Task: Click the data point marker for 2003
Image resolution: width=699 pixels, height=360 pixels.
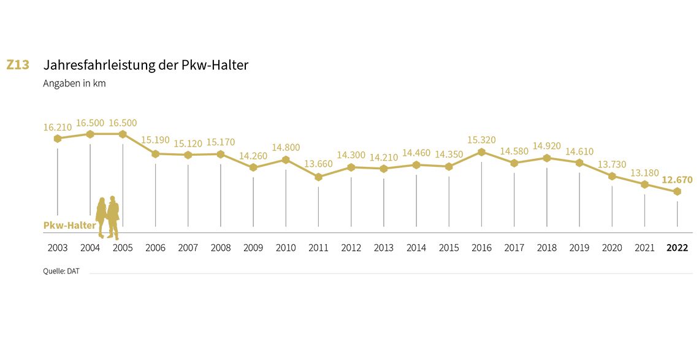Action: pyautogui.click(x=58, y=139)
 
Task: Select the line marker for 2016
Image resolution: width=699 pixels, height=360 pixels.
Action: pyautogui.click(x=481, y=152)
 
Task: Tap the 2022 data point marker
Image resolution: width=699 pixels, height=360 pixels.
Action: pyautogui.click(x=677, y=191)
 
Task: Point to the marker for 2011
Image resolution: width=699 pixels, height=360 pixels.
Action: pyautogui.click(x=318, y=177)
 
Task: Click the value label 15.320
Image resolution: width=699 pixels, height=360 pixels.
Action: pyautogui.click(x=481, y=140)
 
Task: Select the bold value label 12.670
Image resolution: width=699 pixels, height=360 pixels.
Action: pyautogui.click(x=677, y=180)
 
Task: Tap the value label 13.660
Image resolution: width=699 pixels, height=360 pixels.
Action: pyautogui.click(x=318, y=164)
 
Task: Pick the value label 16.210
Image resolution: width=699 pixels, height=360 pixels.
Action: pyautogui.click(x=58, y=128)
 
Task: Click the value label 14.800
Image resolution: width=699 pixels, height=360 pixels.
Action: pyautogui.click(x=286, y=147)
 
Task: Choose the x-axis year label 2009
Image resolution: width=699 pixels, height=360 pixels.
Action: pyautogui.click(x=253, y=248)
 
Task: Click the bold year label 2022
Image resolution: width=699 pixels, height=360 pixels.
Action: pyautogui.click(x=677, y=248)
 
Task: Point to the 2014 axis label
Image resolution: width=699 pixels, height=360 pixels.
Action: pyautogui.click(x=416, y=248)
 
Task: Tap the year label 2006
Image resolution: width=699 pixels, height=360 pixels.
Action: pyautogui.click(x=155, y=248)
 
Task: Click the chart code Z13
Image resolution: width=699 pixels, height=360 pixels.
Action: pyautogui.click(x=18, y=64)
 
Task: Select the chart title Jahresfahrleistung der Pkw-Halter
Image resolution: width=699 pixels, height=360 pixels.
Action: pyautogui.click(x=146, y=65)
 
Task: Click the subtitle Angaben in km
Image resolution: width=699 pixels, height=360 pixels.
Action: pyautogui.click(x=74, y=83)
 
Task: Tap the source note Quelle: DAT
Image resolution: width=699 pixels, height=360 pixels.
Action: pyautogui.click(x=61, y=270)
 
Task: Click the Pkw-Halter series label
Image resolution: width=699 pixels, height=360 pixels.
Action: pyautogui.click(x=69, y=225)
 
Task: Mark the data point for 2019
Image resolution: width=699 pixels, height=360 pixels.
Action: pyautogui.click(x=579, y=163)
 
